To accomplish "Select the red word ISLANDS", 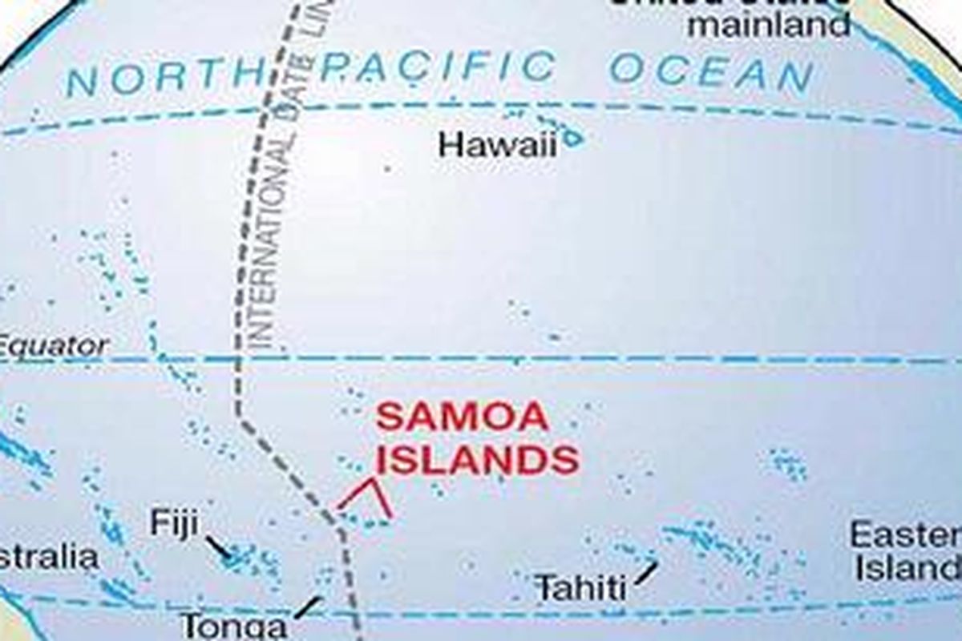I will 478,461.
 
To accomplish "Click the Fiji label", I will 173,524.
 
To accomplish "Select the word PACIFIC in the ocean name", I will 437,67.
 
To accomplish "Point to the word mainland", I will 769,25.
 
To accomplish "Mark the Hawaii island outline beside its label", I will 571,138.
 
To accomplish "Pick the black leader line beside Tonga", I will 308,607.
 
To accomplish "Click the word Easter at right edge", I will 906,534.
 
